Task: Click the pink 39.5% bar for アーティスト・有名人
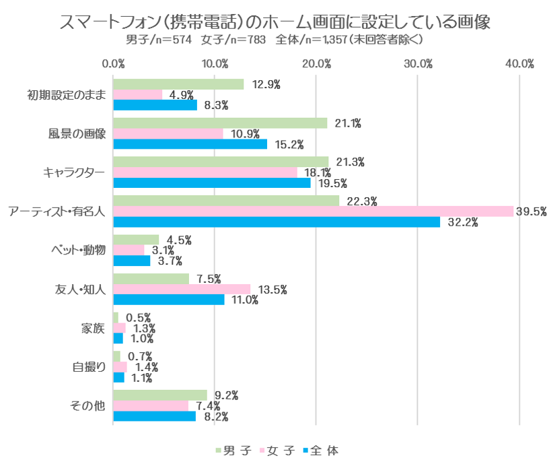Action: coord(313,211)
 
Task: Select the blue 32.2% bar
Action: coord(276,222)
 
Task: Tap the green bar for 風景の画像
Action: coord(220,123)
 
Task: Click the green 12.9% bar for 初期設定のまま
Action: coord(178,84)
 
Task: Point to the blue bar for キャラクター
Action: coord(212,182)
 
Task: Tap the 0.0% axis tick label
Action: coord(113,64)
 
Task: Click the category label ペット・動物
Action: coord(79,250)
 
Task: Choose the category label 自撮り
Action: coord(89,367)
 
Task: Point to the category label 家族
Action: coord(94,328)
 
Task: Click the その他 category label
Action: coord(88,406)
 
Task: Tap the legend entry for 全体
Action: coord(324,450)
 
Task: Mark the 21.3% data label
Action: coord(350,162)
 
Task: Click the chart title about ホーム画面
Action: coord(274,22)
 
